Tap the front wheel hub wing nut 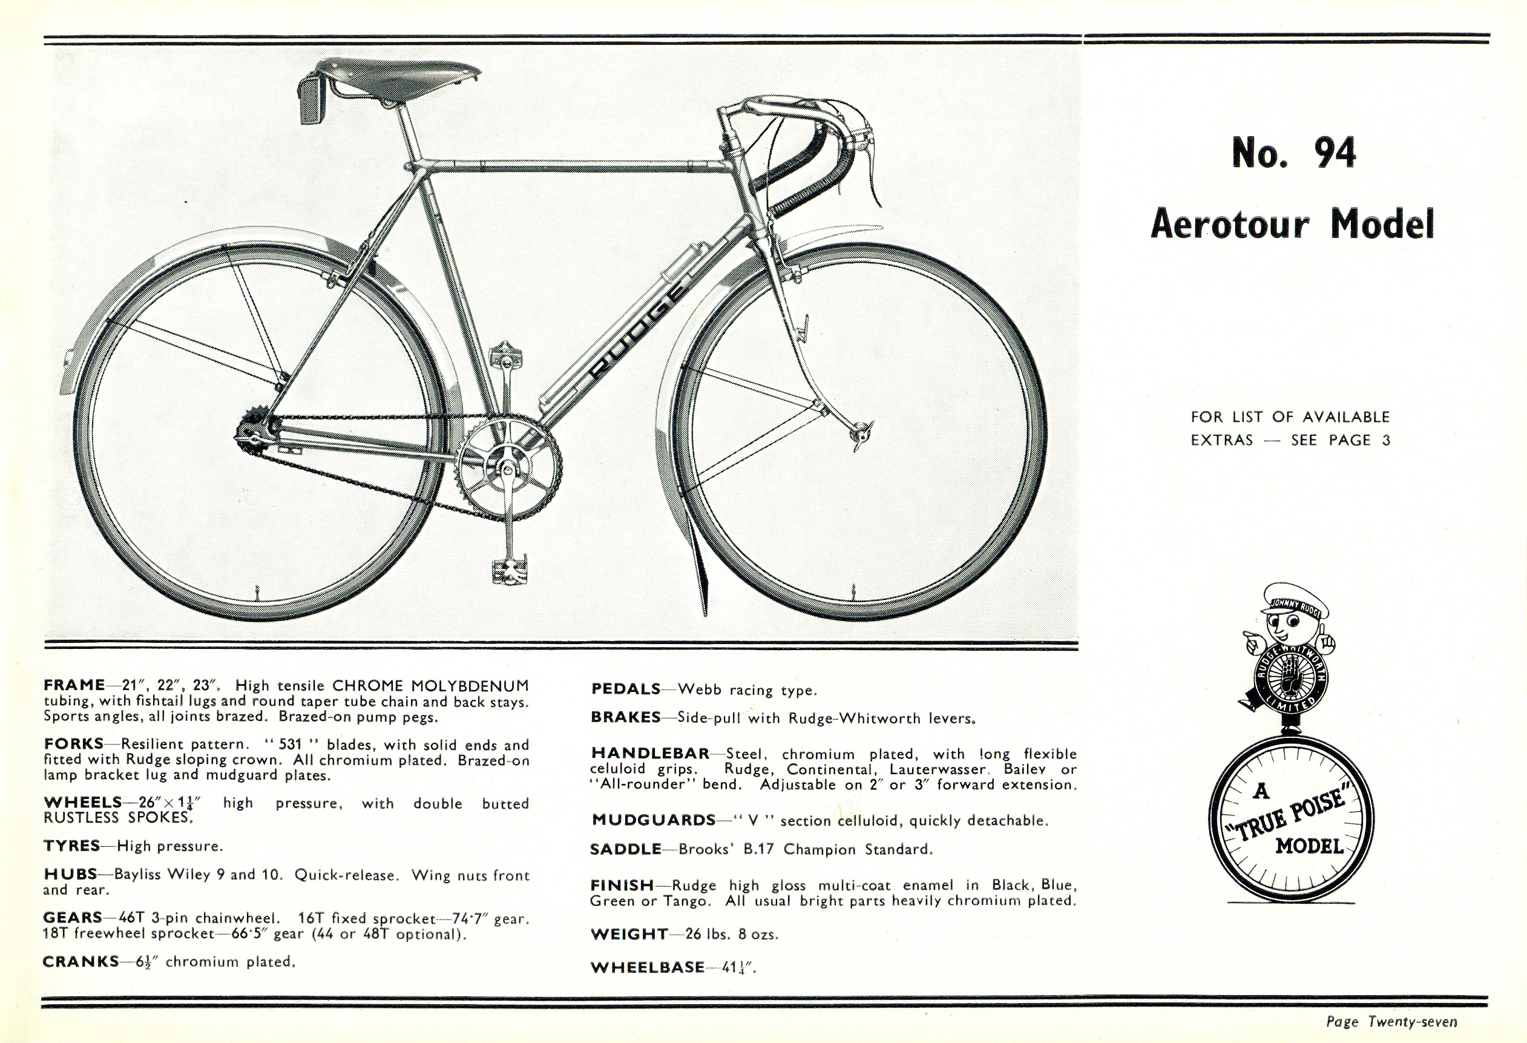[x=861, y=435]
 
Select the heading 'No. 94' [x=1293, y=153]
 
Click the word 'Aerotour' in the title [x=1229, y=225]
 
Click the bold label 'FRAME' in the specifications [x=74, y=685]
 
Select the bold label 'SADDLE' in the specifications [x=626, y=849]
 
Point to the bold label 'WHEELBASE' [x=646, y=967]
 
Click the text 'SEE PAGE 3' [x=1341, y=440]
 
